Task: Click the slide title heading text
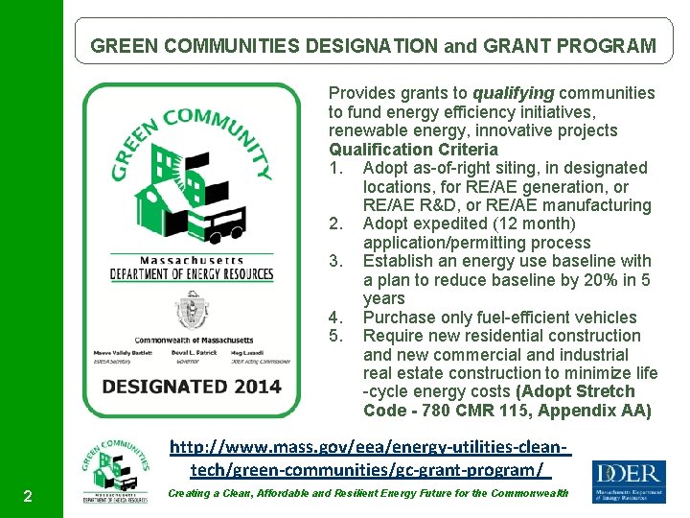click(x=373, y=46)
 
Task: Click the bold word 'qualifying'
click(x=513, y=93)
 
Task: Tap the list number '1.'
click(x=336, y=168)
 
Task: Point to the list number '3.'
click(x=336, y=261)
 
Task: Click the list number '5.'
click(x=336, y=336)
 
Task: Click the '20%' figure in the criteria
click(x=579, y=280)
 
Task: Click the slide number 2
click(x=29, y=496)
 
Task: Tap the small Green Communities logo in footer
click(x=115, y=473)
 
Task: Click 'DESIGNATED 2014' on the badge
click(x=192, y=387)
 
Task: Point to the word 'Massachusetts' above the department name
click(x=191, y=260)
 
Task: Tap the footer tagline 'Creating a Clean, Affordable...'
click(x=368, y=493)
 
